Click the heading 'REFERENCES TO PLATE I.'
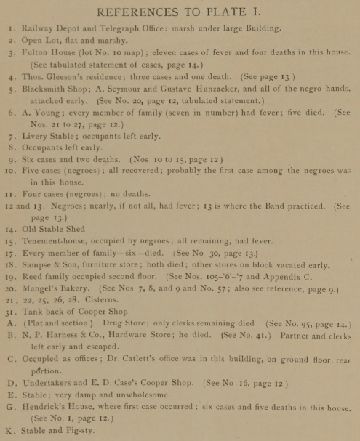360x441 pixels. coord(180,12)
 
